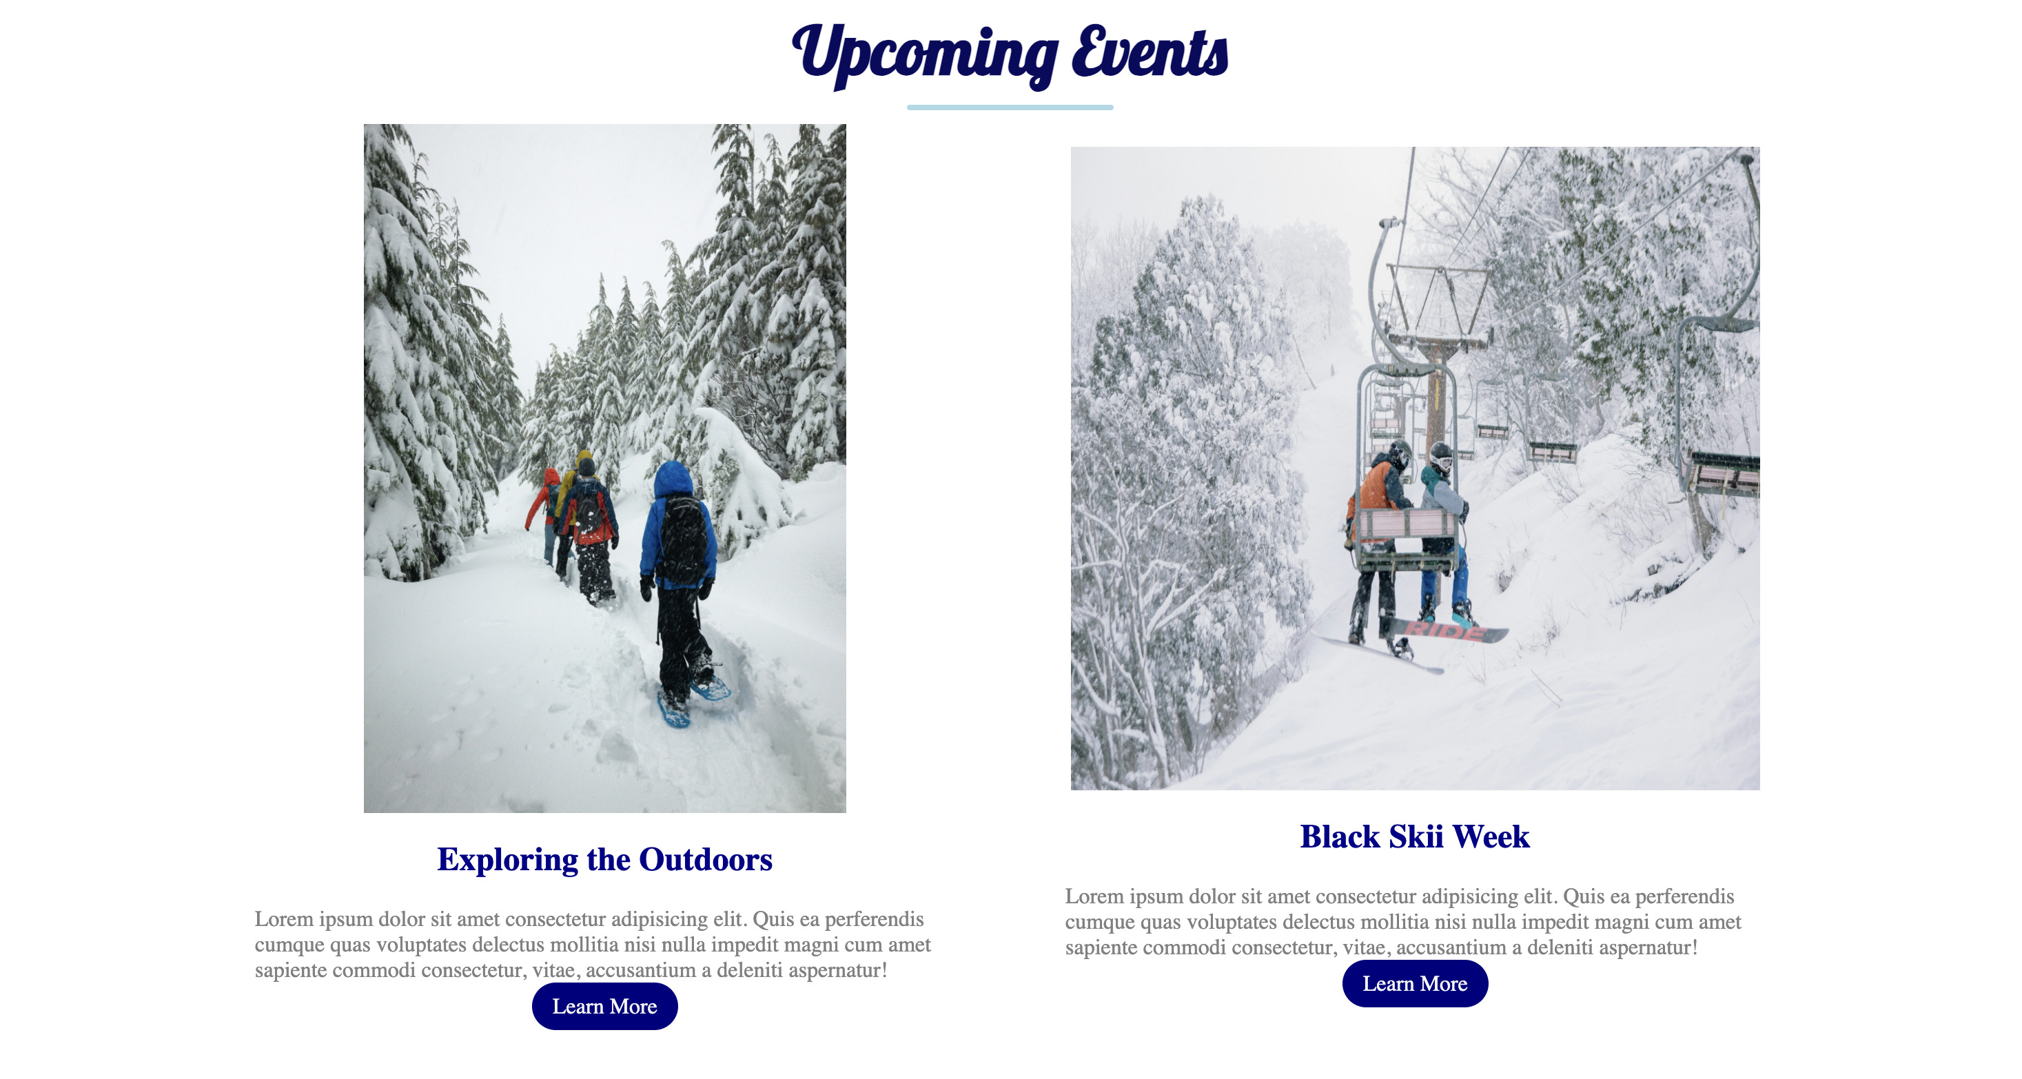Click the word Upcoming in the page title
[926, 55]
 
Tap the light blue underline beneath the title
[1010, 107]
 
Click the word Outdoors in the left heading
[706, 859]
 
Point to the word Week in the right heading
[1491, 836]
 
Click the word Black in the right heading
[1340, 836]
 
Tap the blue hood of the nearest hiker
[673, 479]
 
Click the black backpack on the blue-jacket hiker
[683, 542]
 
